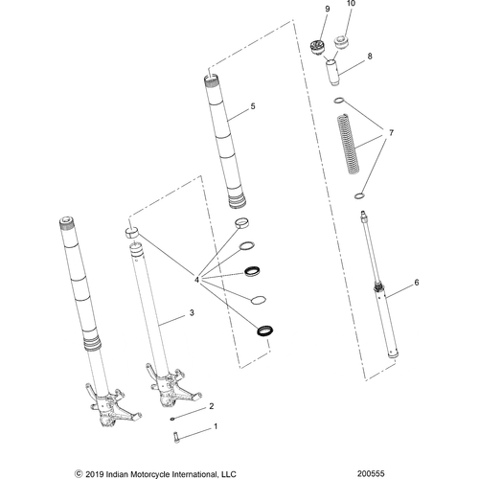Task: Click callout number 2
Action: click(x=212, y=406)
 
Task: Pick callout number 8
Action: click(x=370, y=57)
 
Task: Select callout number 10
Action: click(x=350, y=6)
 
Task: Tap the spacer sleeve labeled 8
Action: click(x=335, y=74)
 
